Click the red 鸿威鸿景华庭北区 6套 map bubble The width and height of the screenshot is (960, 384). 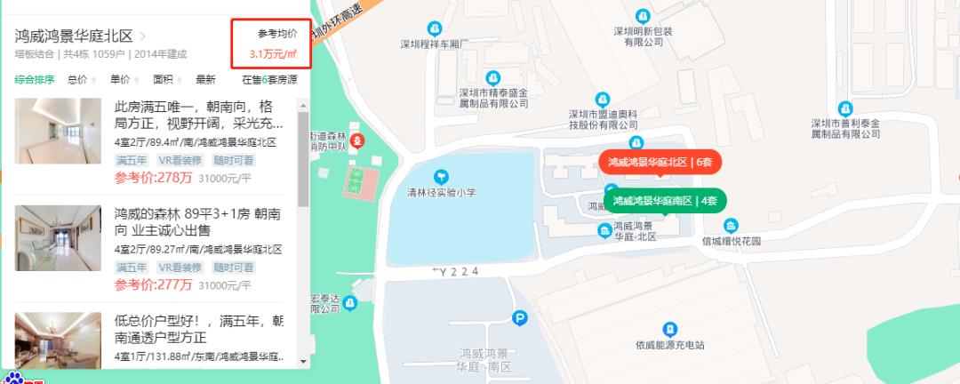660,162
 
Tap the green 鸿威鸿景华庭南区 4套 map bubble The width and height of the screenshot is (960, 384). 665,201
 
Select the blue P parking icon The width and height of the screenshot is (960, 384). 520,316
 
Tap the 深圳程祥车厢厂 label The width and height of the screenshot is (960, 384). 434,43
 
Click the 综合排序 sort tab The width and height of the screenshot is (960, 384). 35,79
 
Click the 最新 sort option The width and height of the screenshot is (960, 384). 205,79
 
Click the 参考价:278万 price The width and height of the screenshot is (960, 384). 154,178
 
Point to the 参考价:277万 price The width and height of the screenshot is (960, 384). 154,284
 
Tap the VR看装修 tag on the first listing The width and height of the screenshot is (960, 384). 180,161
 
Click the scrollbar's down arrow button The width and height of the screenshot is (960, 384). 303,362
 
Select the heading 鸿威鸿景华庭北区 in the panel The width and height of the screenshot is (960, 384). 74,36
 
